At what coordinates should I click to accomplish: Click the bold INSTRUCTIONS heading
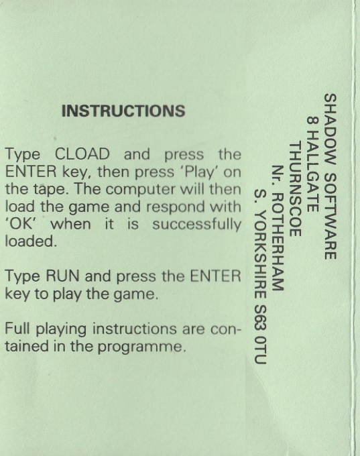123,111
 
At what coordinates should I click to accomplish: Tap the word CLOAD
82,154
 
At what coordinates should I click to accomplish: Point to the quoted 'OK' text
22,224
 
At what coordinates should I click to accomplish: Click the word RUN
62,276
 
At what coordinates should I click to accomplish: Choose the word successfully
197,225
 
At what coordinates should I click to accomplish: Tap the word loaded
31,241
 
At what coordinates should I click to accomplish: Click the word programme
141,347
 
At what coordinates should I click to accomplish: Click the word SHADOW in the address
330,129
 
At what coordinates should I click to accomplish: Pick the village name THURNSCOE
295,189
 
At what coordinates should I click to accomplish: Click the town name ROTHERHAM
278,242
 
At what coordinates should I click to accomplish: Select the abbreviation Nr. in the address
278,176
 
